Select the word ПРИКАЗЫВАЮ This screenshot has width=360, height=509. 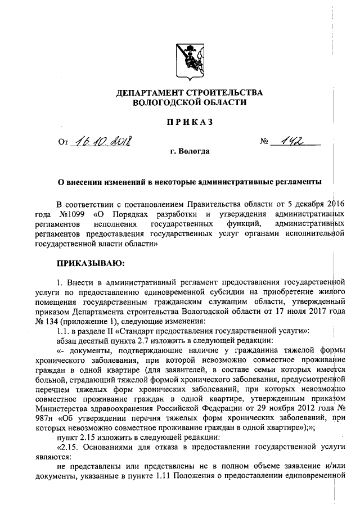click(x=89, y=262)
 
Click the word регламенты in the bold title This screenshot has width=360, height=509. click(x=301, y=182)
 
